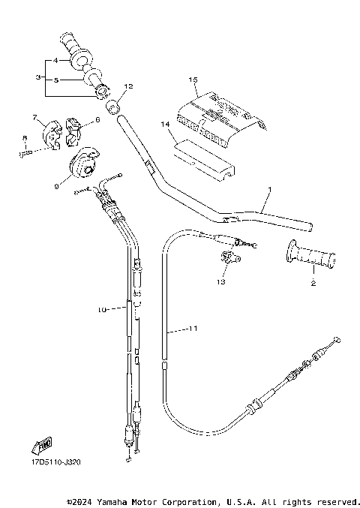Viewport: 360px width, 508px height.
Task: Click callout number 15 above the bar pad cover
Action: tap(193, 79)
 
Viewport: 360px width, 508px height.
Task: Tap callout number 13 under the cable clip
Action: tap(220, 283)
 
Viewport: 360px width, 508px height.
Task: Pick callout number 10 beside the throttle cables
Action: tap(103, 308)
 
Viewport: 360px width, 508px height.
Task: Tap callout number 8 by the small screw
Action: tap(24, 137)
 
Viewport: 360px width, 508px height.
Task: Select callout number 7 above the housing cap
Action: tap(34, 116)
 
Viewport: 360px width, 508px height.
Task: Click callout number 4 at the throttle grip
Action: tap(55, 59)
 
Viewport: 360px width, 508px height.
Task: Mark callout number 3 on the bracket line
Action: tap(37, 77)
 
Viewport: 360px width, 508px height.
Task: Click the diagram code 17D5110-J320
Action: tap(55, 463)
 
